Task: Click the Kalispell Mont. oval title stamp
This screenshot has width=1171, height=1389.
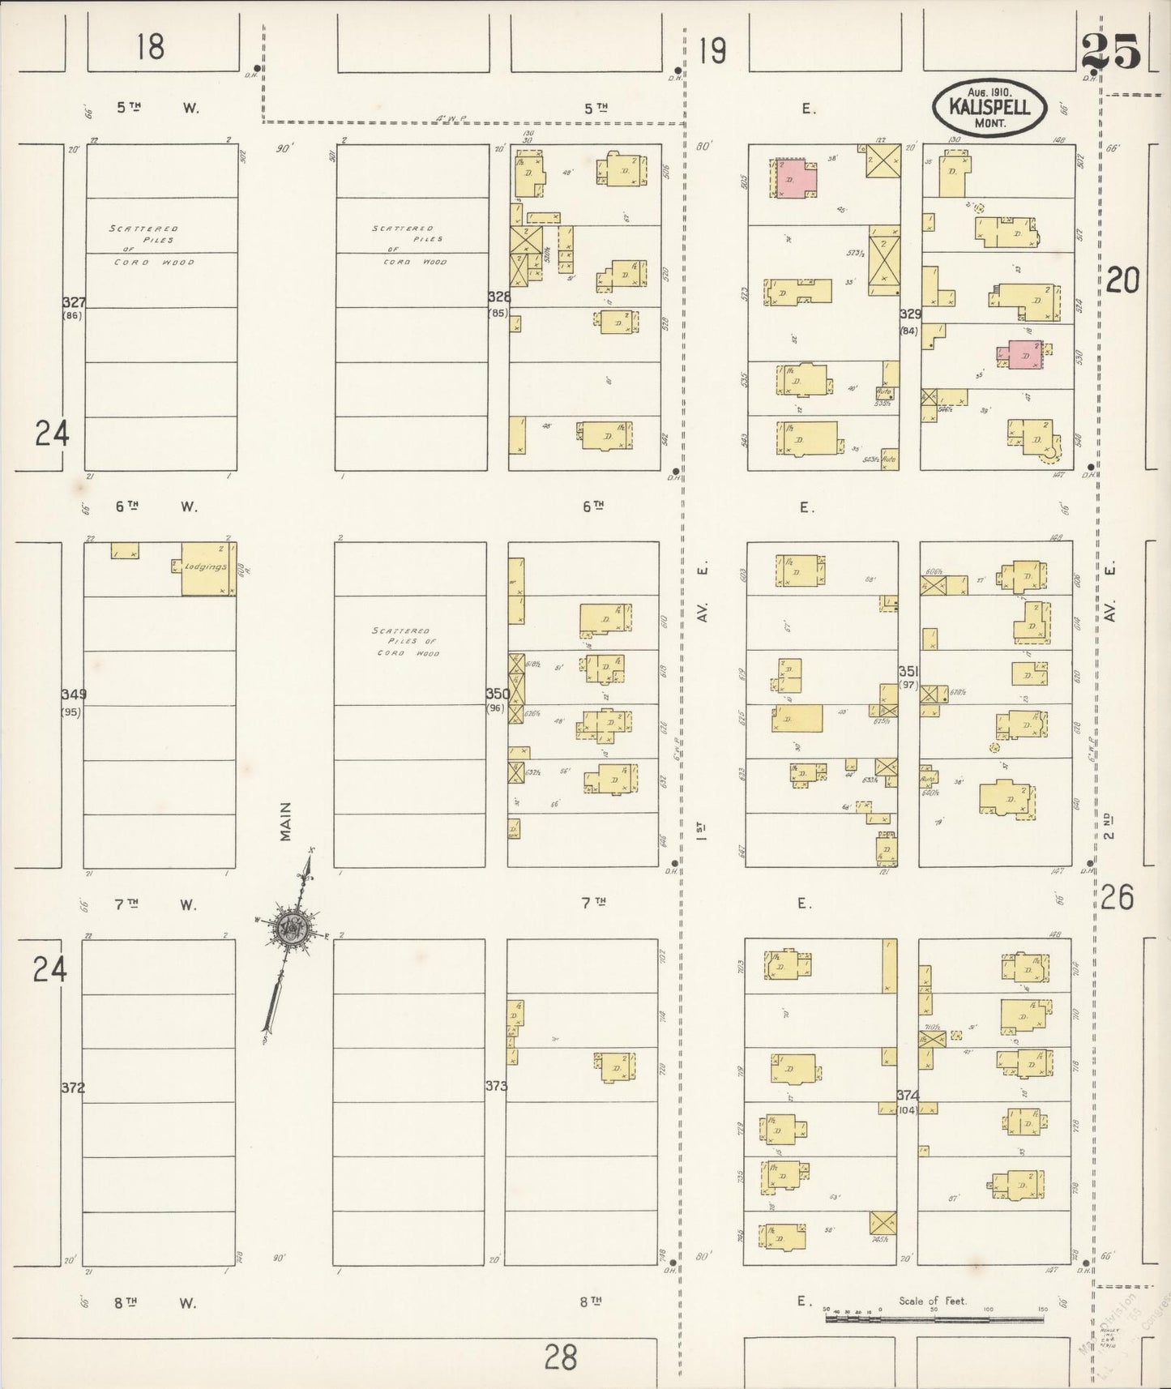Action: [989, 108]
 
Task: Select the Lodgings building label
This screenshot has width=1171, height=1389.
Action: [205, 566]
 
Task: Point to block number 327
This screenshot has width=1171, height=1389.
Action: [74, 302]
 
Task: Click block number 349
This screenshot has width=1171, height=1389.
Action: [73, 694]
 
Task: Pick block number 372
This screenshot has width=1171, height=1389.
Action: [73, 1088]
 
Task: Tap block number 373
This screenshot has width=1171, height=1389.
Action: [496, 1085]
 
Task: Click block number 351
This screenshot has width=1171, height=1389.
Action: [908, 672]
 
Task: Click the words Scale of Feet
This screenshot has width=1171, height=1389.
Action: [932, 1301]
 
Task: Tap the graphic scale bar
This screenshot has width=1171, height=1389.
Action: [934, 1318]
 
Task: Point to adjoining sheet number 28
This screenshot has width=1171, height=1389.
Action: [560, 1355]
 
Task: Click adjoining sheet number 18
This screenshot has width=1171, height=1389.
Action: [151, 47]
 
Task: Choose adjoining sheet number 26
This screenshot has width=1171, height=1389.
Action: [1117, 897]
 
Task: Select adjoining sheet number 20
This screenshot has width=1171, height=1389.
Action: [1122, 280]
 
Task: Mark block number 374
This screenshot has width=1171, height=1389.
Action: [908, 1095]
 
